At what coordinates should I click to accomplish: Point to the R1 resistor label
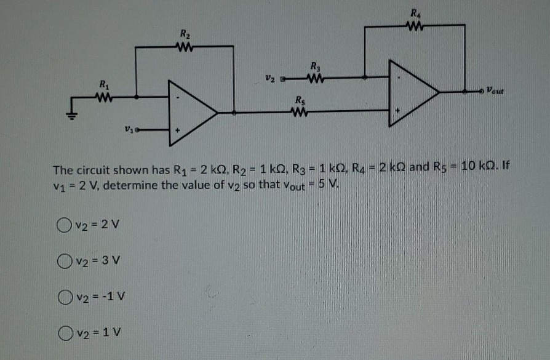coord(102,84)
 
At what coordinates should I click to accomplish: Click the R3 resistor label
coord(314,66)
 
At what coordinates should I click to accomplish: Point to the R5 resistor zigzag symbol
coord(300,111)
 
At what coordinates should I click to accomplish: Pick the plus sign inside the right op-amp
coord(397,111)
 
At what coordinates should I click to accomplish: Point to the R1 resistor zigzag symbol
coord(103,96)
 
